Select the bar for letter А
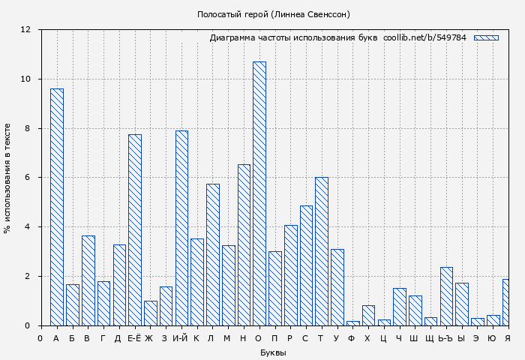point(56,207)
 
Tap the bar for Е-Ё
point(134,229)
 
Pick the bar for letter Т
point(321,251)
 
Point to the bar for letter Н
point(244,244)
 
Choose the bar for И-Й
point(181,228)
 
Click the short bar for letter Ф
point(352,323)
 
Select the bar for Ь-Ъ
point(446,296)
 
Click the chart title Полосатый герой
point(273,14)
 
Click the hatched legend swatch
point(486,37)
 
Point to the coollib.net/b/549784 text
point(424,37)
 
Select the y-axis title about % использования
point(7,178)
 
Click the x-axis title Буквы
point(273,352)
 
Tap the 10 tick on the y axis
point(25,79)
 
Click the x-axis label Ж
point(149,338)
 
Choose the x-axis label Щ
point(430,338)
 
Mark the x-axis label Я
point(508,338)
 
